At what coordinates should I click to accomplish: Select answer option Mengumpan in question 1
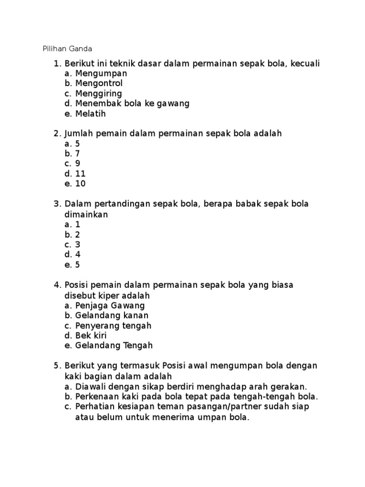point(101,73)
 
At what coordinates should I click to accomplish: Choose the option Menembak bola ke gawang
point(132,103)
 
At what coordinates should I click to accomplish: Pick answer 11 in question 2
point(80,174)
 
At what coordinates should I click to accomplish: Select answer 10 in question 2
point(80,184)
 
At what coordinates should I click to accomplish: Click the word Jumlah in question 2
point(79,134)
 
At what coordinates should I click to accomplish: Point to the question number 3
point(57,204)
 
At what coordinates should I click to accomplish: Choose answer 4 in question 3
point(78,254)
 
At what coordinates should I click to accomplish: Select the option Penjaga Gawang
point(110,305)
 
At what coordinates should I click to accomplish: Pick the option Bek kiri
point(91,336)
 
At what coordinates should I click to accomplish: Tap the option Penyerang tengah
point(113,326)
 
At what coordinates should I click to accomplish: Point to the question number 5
point(57,365)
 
